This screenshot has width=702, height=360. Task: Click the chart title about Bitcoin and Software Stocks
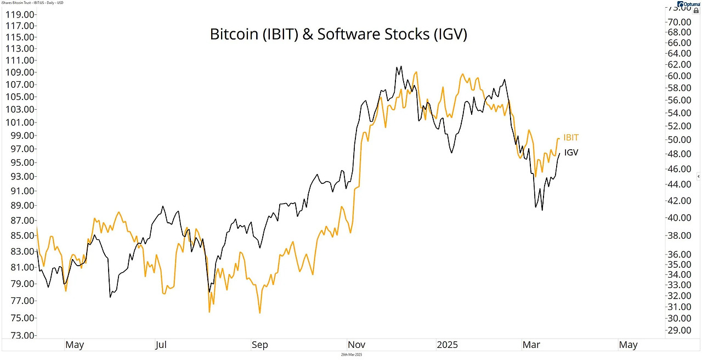(338, 34)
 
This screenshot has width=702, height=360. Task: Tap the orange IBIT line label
(571, 138)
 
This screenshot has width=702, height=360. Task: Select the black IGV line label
(571, 153)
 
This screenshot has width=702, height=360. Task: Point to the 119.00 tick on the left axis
(18, 15)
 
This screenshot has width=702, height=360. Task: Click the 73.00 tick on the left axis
(18, 335)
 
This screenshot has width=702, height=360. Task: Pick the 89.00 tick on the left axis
(18, 205)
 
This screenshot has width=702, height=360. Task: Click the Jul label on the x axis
(161, 345)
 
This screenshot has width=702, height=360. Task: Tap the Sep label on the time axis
(259, 345)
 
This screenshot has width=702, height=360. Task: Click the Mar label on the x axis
(531, 345)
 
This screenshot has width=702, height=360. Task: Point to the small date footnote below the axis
(351, 355)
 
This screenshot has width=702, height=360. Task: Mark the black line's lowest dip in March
(542, 210)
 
